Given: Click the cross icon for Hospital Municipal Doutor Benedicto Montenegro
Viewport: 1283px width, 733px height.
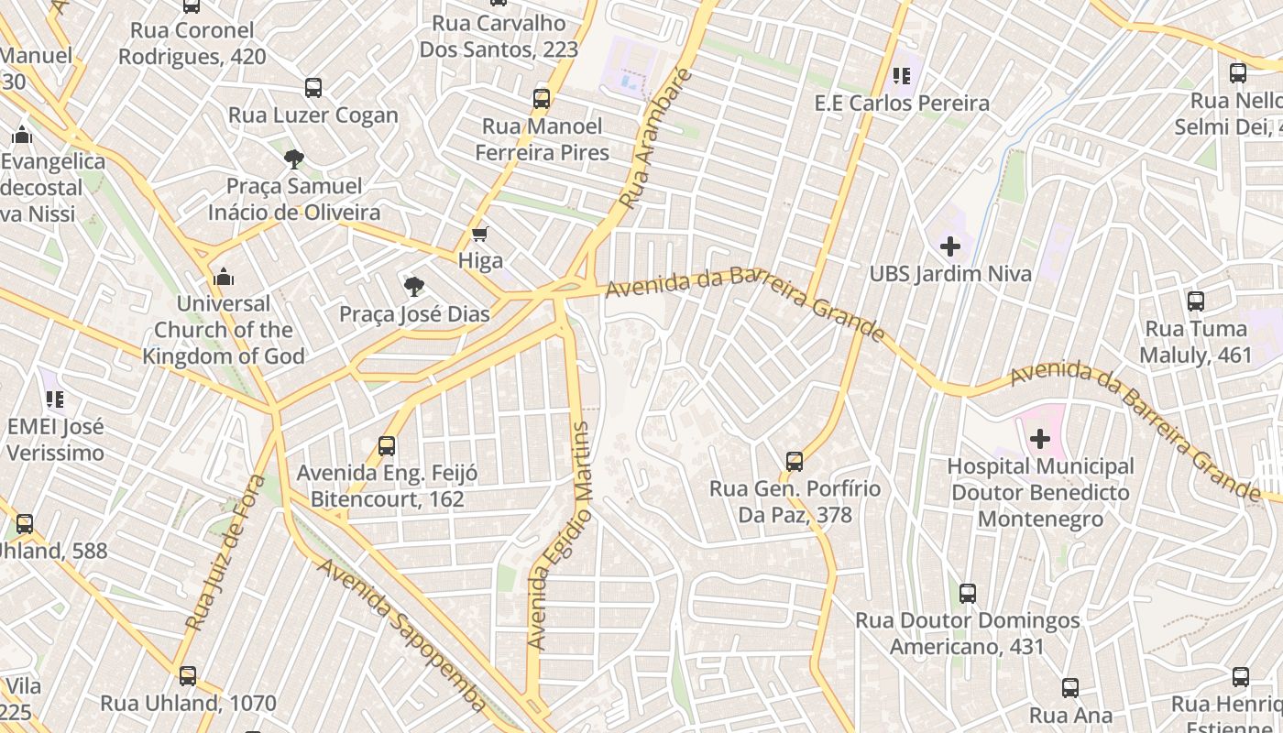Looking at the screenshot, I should coord(1040,440).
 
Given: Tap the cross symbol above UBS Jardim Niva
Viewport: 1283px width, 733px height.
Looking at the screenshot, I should coord(950,246).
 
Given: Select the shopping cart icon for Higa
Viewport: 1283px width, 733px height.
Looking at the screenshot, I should coord(479,235).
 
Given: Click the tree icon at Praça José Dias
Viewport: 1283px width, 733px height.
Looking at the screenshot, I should coord(414,287).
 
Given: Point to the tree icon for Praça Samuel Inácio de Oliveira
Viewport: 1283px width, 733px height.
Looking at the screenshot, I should coord(293,159).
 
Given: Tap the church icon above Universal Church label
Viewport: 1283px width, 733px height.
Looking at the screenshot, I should coord(223,277).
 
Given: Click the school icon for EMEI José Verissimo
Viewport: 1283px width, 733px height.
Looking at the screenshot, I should coord(55,399).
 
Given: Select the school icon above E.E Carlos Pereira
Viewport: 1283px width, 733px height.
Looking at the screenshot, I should coord(901,76).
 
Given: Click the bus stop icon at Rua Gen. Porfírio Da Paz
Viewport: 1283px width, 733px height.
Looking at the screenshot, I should coord(795,462).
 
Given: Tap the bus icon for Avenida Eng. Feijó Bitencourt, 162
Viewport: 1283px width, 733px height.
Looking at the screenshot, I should coord(387,446).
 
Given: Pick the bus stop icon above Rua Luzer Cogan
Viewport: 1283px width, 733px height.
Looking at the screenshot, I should coord(313,88).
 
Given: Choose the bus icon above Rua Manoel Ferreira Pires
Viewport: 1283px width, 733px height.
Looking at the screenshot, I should coord(542,99).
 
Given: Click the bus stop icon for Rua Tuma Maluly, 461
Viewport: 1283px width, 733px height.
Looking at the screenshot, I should coord(1195,301).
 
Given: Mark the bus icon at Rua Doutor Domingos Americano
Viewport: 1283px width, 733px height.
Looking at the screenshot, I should coord(968,594).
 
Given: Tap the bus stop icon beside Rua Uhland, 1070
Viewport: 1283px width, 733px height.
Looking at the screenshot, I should coord(188,677).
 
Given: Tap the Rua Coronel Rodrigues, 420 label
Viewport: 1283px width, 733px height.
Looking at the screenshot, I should coord(192,43).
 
